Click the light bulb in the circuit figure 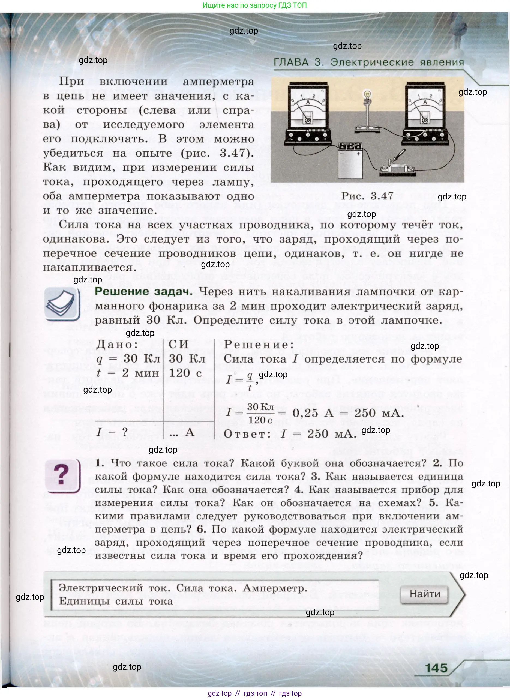coord(367,94)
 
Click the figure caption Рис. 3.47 coord(367,196)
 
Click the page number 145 coord(436,668)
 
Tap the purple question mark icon coord(62,475)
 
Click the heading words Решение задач coord(143,291)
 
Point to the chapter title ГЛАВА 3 coord(299,62)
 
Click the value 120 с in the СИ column coord(185,373)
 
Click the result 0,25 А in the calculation coord(313,413)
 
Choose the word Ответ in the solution coord(247,434)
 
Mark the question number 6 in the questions coord(201,529)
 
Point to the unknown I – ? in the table coord(112,432)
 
